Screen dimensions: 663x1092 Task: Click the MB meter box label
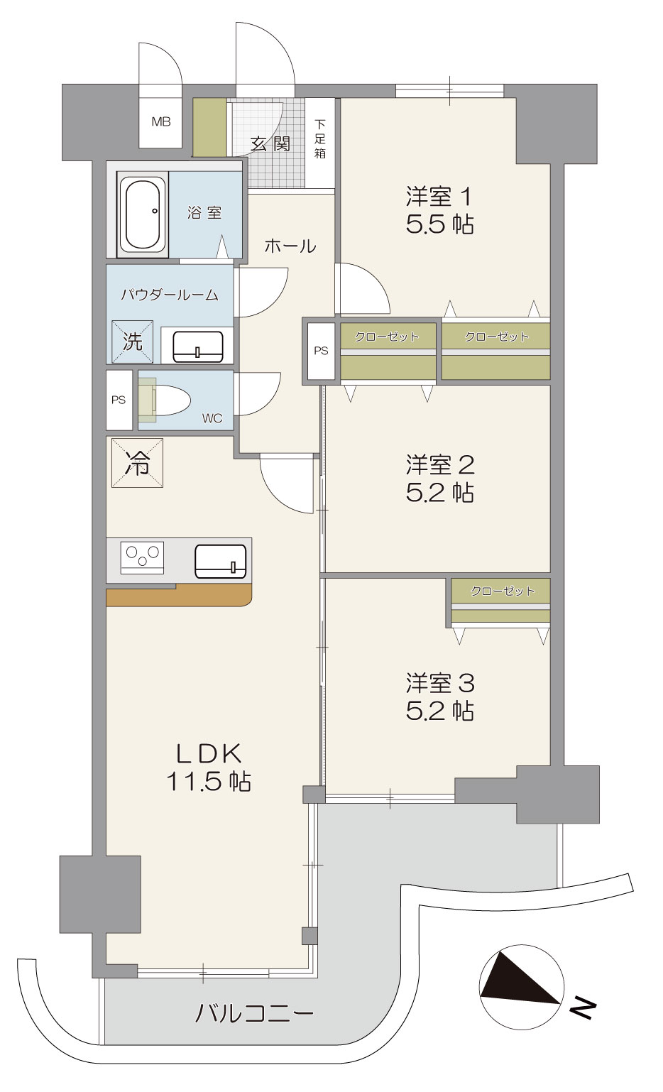click(161, 121)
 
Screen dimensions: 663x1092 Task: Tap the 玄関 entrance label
click(270, 144)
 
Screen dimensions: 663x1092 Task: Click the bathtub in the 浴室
click(143, 214)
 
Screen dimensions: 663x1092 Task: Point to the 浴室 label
click(204, 212)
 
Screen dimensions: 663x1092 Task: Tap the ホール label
click(290, 246)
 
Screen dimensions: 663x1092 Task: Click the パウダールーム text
click(170, 295)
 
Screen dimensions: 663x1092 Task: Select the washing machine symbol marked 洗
click(133, 342)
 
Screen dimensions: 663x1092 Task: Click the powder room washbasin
click(199, 346)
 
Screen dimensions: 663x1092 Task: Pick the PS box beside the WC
click(119, 400)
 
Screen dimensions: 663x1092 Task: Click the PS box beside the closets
click(321, 351)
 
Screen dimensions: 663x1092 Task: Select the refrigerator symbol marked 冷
click(138, 463)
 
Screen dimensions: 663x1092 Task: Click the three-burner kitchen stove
click(143, 557)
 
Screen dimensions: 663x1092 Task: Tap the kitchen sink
click(220, 561)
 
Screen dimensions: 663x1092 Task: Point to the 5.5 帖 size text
click(439, 224)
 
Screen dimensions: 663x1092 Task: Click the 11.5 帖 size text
click(209, 782)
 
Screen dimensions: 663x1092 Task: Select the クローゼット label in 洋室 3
click(502, 591)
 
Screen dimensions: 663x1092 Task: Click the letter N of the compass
click(583, 1009)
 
